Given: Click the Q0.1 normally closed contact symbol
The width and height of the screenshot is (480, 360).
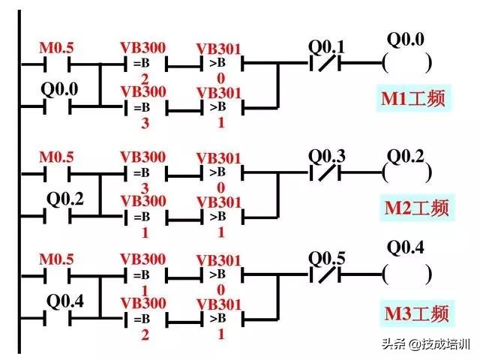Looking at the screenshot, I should point(326,64).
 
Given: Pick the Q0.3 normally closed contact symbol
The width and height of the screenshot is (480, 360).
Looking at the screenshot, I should point(326,173).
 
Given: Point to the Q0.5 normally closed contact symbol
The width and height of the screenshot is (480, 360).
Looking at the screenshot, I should point(326,276).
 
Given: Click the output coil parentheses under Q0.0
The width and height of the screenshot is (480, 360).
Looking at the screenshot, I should point(406,64).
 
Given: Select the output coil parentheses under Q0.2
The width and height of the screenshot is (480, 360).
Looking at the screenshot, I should point(406,173).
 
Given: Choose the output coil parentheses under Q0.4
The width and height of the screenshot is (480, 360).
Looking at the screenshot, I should point(406,276).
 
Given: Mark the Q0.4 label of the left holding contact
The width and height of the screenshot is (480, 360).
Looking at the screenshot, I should point(66,301).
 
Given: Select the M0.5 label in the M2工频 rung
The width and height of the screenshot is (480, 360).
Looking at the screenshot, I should point(57,158).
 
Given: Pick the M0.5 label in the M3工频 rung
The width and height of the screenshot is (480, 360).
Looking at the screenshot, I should point(57,260).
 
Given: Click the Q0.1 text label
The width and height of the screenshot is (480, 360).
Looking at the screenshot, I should point(327,47).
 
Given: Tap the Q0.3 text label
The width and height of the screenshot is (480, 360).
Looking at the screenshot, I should point(327,157).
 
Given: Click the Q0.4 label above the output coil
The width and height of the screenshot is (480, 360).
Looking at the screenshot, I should point(405,247).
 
